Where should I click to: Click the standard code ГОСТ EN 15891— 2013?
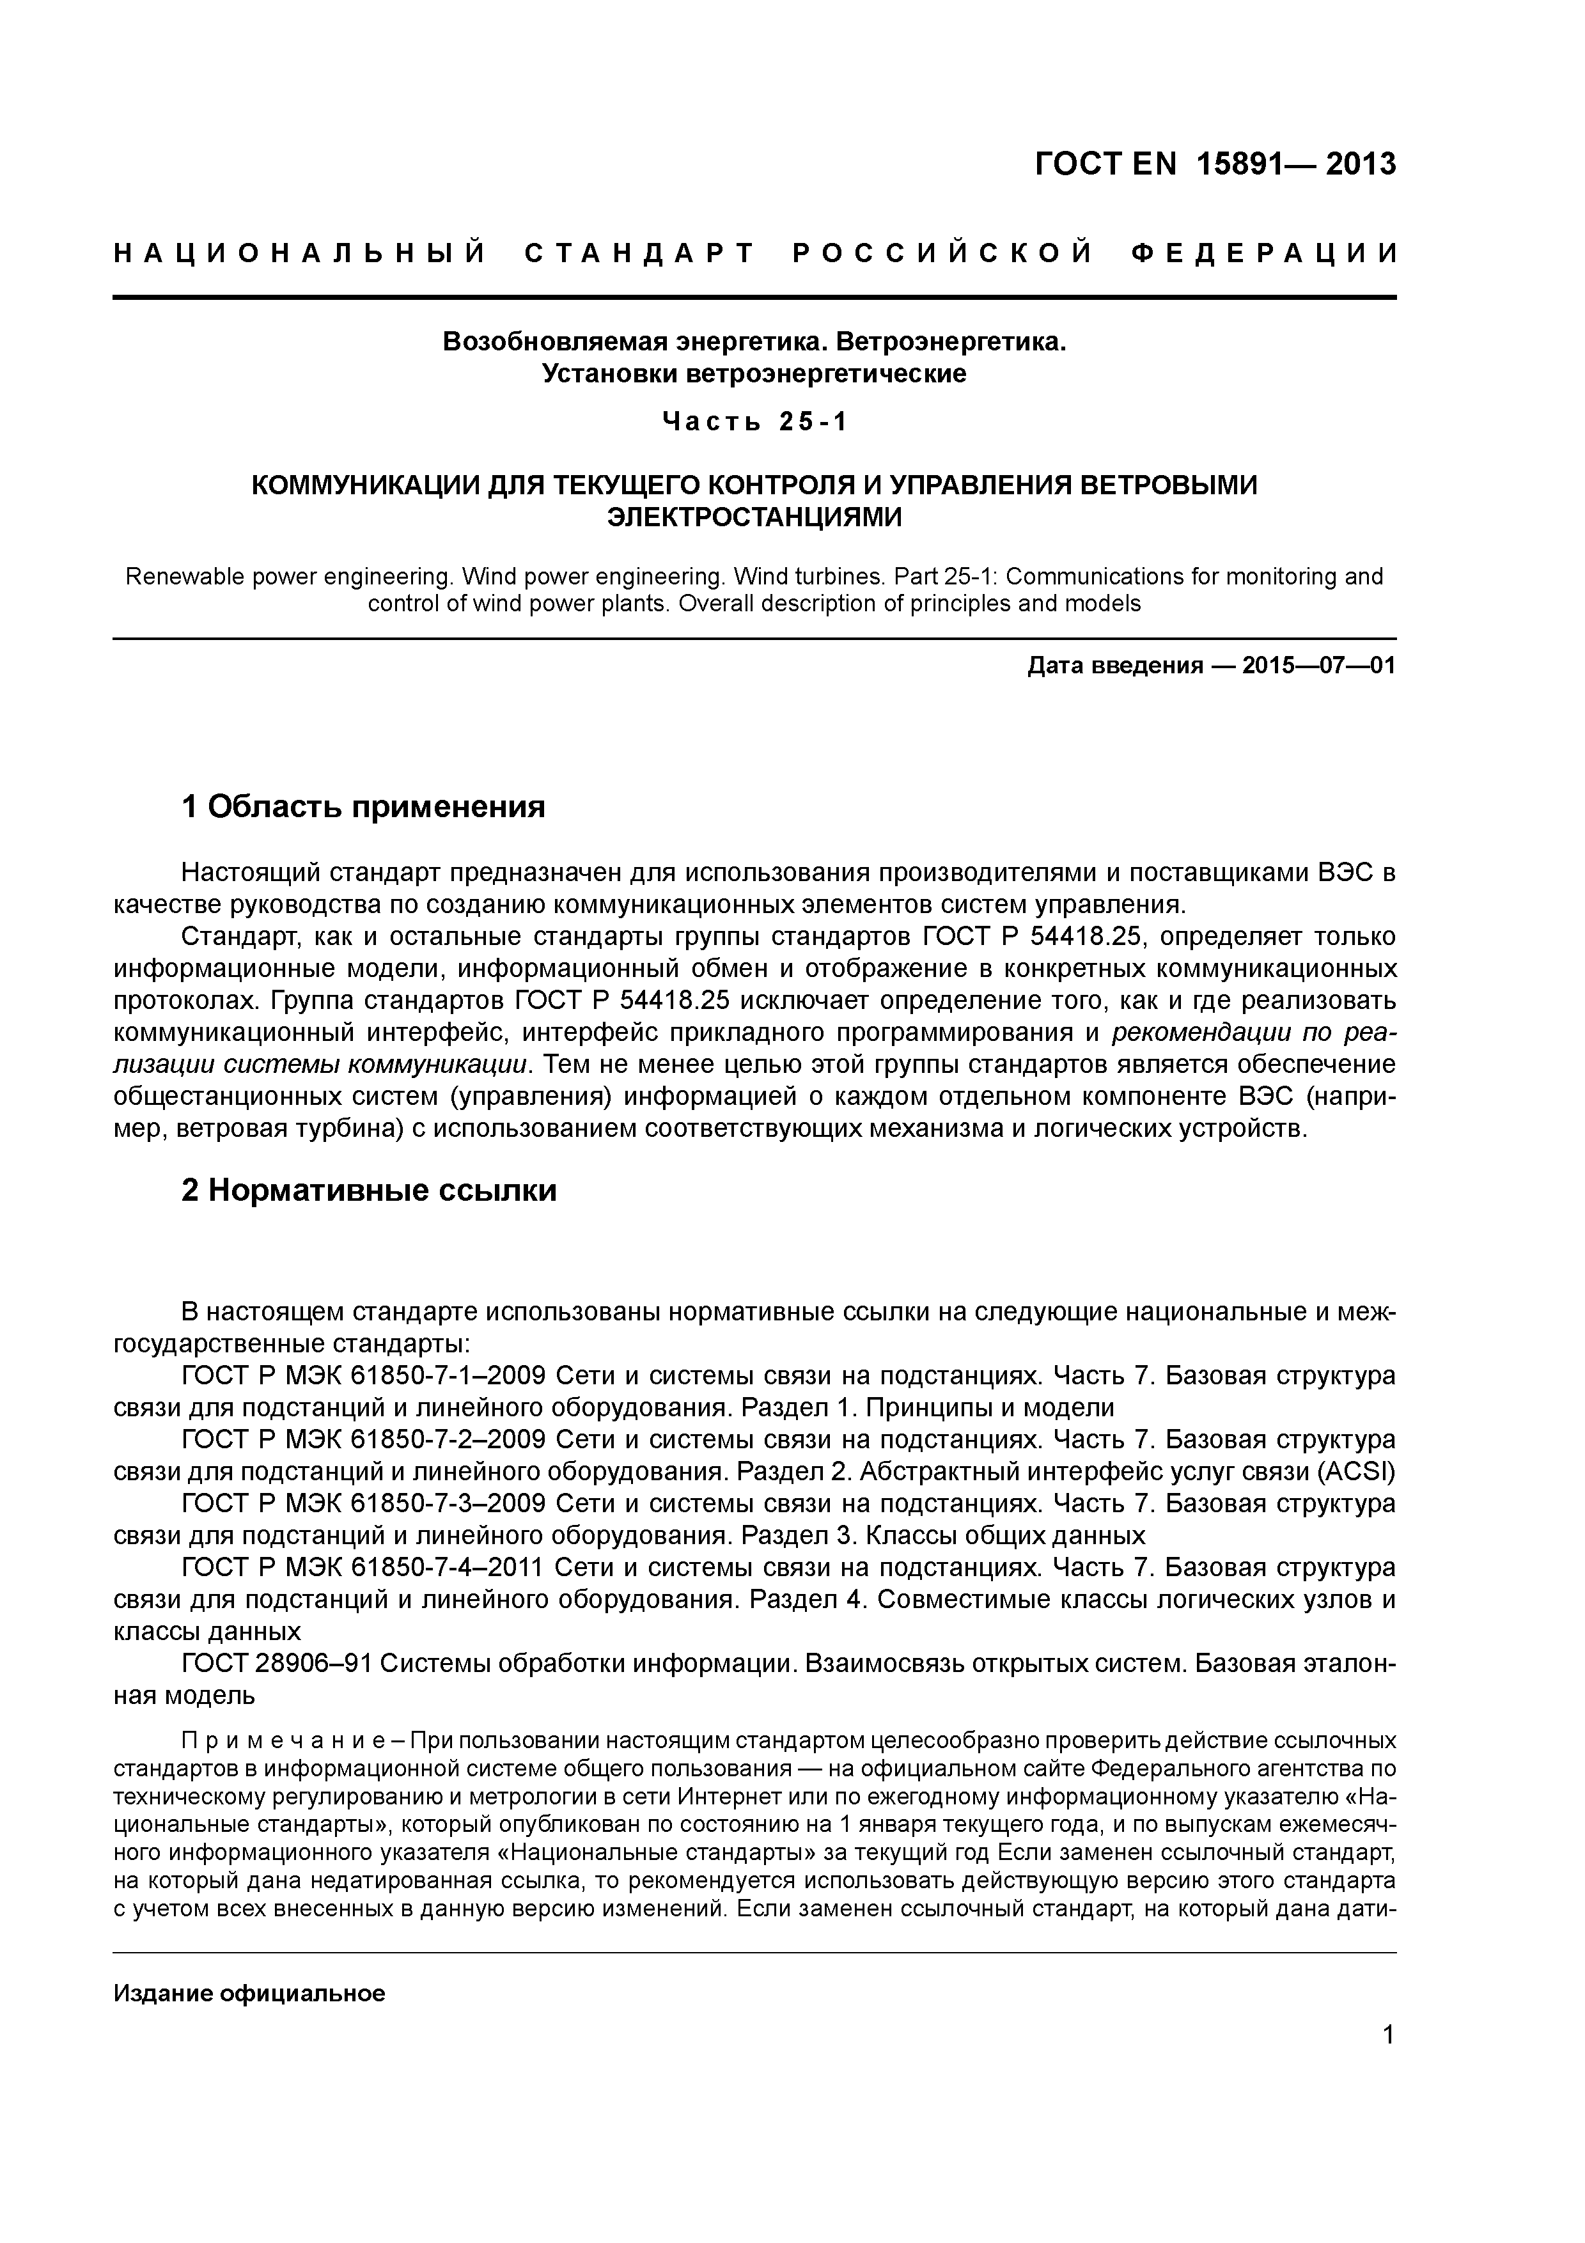(x=1215, y=164)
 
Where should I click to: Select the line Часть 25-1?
(x=755, y=422)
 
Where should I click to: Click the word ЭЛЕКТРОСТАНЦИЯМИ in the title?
(x=755, y=517)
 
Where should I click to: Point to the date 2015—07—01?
(x=1318, y=666)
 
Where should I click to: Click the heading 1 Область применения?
(x=363, y=807)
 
